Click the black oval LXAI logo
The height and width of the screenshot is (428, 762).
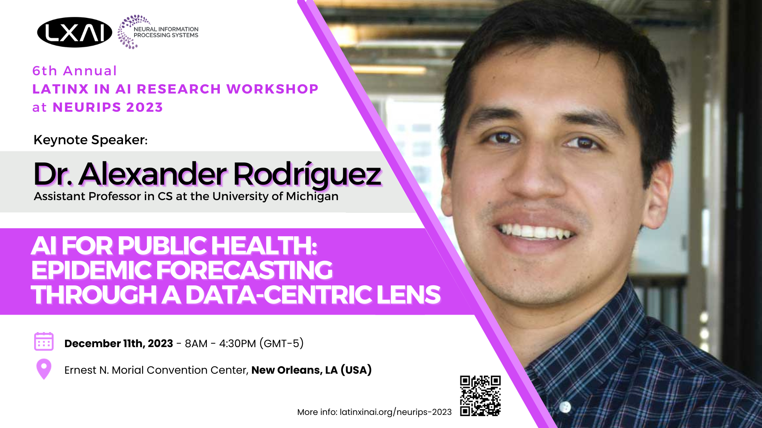click(75, 32)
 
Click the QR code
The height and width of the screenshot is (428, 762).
click(480, 396)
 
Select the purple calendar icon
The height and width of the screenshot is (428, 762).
click(44, 342)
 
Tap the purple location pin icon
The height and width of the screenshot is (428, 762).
click(44, 369)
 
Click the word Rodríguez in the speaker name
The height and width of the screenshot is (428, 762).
click(307, 174)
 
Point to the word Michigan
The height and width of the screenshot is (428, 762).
click(312, 197)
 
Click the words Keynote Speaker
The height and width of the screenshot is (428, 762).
click(90, 140)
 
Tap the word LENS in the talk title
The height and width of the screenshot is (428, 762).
click(408, 295)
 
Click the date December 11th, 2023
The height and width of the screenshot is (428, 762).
click(119, 343)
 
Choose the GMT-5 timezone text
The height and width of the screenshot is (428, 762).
click(282, 343)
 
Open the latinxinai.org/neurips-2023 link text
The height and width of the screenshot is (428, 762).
click(396, 412)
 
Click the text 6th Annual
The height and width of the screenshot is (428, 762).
click(75, 71)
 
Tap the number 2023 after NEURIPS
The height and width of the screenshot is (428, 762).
click(144, 107)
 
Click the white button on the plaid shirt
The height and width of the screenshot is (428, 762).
click(565, 407)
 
